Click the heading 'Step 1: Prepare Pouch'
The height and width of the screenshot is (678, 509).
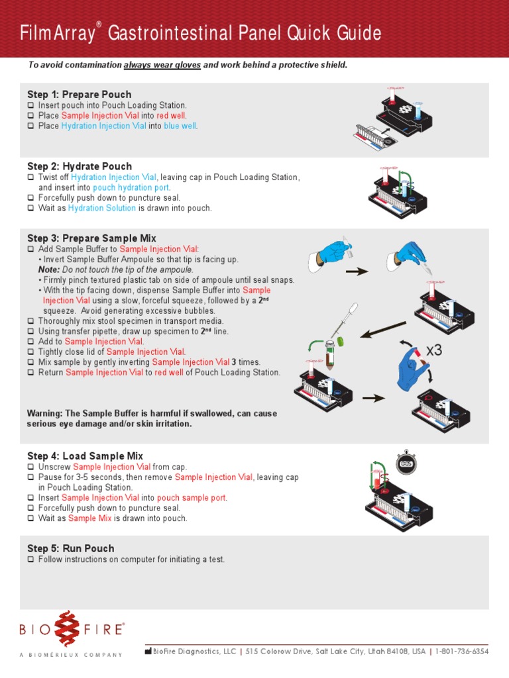pos(79,95)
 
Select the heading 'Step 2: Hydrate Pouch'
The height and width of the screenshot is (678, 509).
pos(79,166)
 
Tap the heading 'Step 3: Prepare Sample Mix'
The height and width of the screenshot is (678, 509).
pos(91,238)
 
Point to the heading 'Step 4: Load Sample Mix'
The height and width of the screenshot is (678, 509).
pos(85,456)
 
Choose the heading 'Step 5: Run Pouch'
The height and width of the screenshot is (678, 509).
pos(70,548)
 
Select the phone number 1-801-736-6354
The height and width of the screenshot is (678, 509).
pos(463,652)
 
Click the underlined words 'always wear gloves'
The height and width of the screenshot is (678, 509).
pos(162,65)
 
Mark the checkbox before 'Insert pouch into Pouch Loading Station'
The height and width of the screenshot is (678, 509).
pos(31,105)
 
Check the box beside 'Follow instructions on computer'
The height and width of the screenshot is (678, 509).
pos(31,559)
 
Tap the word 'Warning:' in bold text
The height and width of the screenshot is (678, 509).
pos(44,413)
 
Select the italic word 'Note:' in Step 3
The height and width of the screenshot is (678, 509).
pos(49,269)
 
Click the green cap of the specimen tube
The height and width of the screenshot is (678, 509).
pos(341,341)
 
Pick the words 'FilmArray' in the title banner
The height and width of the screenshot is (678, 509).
pos(58,33)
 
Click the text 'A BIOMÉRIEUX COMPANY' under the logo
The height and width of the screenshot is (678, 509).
pos(71,655)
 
